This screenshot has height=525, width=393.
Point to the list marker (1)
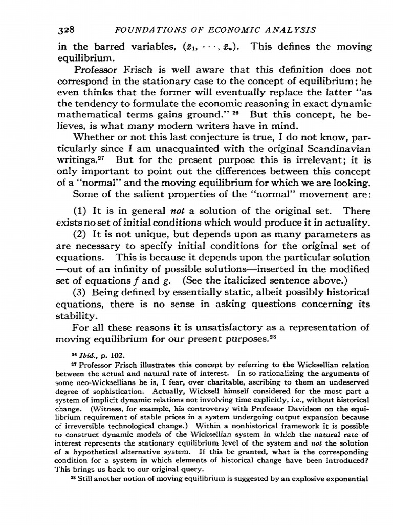click(81, 211)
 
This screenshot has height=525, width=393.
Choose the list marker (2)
click(81, 234)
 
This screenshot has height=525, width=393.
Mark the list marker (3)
click(81, 292)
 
